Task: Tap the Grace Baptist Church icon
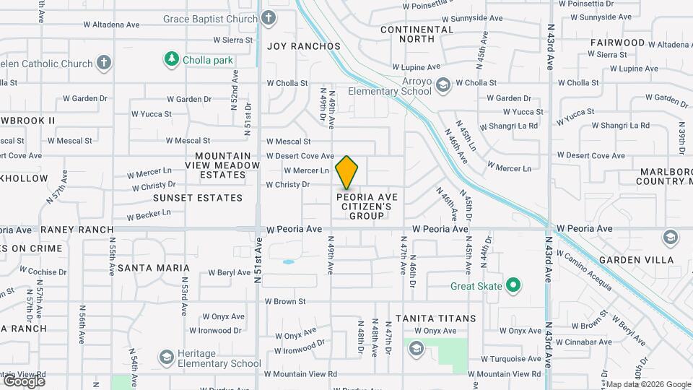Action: (269, 17)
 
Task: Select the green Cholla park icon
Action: (171, 58)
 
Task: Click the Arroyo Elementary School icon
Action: (443, 85)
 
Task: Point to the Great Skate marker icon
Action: (513, 286)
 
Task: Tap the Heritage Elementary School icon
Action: (167, 357)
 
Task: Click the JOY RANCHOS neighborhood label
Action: (303, 46)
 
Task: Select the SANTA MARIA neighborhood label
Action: (153, 268)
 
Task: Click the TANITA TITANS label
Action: (435, 318)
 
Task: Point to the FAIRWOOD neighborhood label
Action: (617, 43)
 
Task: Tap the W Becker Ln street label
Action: (149, 214)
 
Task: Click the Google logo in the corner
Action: (23, 381)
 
